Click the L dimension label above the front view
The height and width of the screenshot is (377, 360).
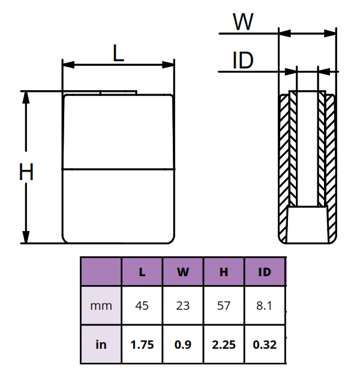118,54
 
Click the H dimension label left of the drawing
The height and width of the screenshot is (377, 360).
26,173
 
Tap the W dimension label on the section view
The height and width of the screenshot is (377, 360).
243,22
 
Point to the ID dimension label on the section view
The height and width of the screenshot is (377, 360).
242,61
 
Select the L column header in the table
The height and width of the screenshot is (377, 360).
142,272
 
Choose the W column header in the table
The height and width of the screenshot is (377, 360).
183,272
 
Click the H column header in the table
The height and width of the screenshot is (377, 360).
224,272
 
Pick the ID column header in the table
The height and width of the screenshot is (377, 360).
265,272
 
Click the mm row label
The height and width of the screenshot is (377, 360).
101,306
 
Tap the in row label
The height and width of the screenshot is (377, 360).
101,345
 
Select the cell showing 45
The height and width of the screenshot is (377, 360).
142,306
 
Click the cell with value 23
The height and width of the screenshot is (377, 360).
183,306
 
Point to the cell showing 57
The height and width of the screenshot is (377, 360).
224,306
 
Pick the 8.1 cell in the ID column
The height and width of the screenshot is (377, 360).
265,306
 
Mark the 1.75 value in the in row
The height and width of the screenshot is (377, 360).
142,345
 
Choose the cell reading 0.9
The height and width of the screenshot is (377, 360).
183,345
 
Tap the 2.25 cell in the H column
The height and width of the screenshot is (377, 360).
224,345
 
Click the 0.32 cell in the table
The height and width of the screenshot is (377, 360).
265,345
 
